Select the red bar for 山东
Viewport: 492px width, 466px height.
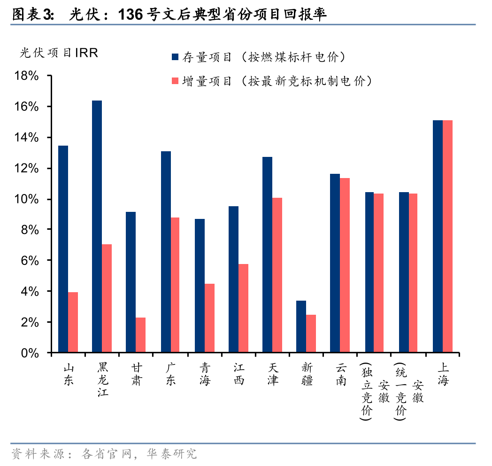tap(73, 322)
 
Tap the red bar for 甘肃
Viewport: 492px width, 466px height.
tap(140, 335)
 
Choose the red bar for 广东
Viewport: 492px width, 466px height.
tap(175, 285)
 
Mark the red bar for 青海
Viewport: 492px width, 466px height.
tap(209, 318)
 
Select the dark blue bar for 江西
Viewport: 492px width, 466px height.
tap(233, 279)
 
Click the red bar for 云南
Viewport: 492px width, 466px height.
tap(345, 265)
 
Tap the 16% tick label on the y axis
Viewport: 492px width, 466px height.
tap(27, 107)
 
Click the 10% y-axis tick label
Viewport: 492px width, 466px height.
tap(27, 199)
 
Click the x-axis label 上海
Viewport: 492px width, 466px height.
tap(443, 374)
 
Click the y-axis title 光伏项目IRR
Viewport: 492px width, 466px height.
tap(59, 53)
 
